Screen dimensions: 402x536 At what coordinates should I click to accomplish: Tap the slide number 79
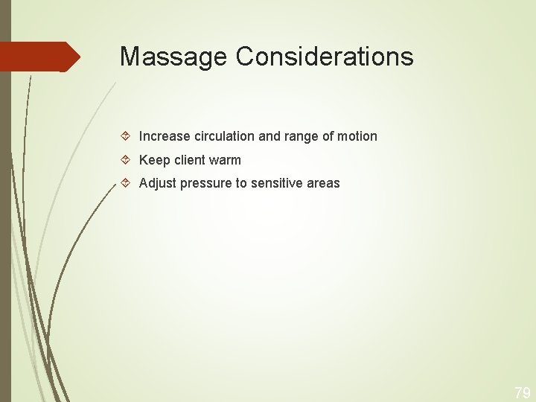point(522,392)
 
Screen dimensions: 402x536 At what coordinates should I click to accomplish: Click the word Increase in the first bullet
point(165,136)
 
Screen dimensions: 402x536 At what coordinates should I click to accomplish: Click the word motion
point(358,136)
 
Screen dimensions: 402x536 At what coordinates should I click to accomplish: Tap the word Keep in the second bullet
point(155,160)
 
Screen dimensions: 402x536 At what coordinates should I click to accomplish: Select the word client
point(191,160)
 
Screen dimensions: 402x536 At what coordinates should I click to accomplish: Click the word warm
point(226,160)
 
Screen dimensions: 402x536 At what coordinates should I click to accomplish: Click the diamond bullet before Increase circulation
point(127,136)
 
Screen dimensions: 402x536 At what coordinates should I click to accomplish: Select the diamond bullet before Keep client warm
point(127,160)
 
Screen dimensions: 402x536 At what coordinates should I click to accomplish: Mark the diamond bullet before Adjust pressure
point(127,183)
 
